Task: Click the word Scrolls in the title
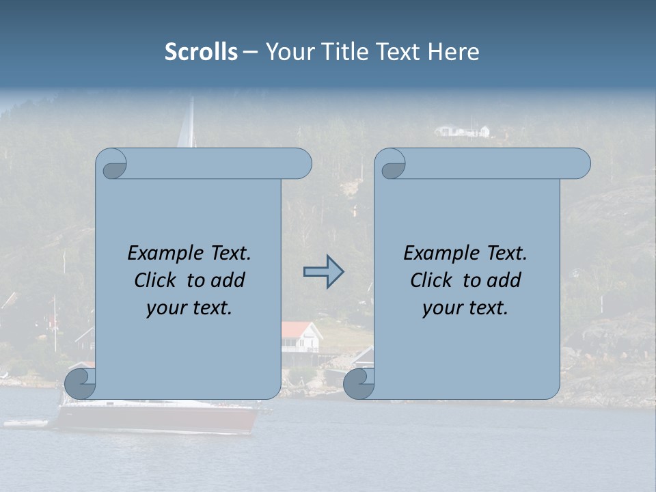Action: click(x=201, y=52)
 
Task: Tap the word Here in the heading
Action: click(x=453, y=52)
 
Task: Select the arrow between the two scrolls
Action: click(x=323, y=272)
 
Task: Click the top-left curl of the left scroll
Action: click(x=113, y=165)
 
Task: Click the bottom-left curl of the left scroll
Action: click(x=79, y=383)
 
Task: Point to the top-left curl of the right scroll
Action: click(x=392, y=165)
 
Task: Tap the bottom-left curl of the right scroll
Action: click(x=358, y=383)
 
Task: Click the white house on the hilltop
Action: click(x=463, y=131)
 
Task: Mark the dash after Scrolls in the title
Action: click(x=251, y=52)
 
